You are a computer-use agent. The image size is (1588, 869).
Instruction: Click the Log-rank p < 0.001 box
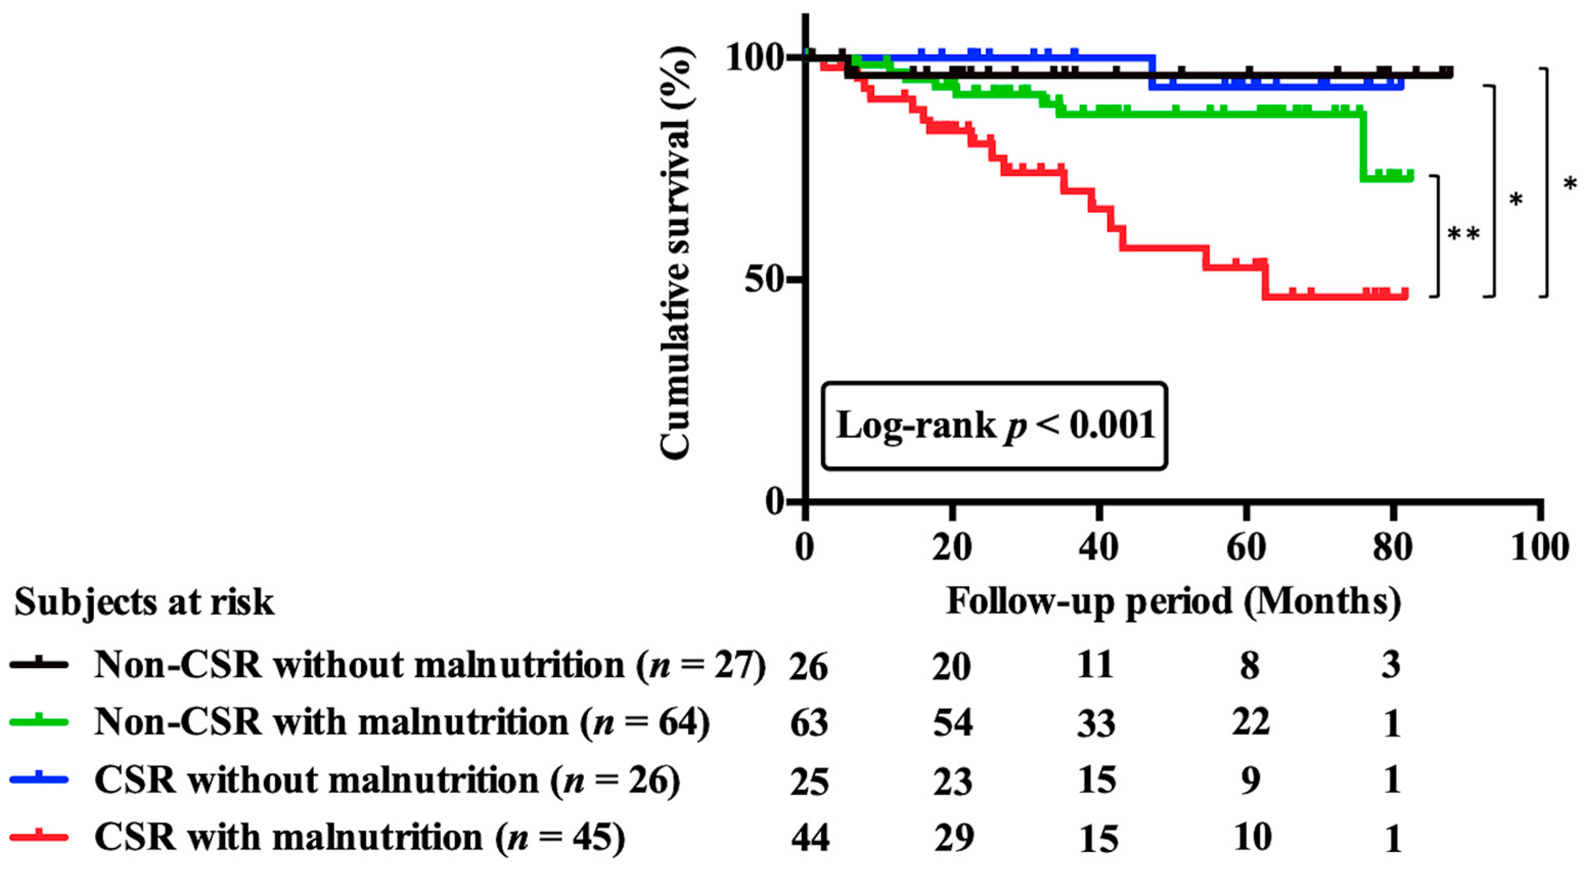(x=994, y=426)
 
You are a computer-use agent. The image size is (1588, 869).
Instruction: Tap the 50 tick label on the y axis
(x=765, y=280)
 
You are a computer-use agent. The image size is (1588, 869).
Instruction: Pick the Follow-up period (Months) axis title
(x=1173, y=602)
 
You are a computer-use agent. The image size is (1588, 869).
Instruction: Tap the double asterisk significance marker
(x=1463, y=234)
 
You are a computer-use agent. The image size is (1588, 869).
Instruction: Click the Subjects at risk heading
(x=144, y=602)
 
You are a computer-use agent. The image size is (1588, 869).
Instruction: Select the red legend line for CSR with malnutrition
(x=38, y=836)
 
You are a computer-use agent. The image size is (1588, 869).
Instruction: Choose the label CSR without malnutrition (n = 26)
(x=387, y=780)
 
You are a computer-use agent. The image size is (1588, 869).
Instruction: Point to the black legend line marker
(x=38, y=663)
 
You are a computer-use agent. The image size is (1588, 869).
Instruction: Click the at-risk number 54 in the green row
(x=952, y=722)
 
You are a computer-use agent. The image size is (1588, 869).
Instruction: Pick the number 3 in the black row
(x=1391, y=665)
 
